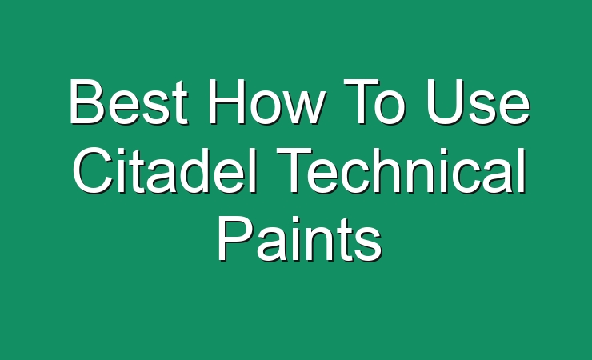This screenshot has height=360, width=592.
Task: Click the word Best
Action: pos(129,102)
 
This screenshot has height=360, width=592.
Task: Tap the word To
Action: pos(373,102)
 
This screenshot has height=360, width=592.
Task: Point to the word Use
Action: pos(478,102)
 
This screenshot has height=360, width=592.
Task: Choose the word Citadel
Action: pos(165,170)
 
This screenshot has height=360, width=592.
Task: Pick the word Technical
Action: pos(401,170)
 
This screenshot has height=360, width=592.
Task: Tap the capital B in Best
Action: pos(87,101)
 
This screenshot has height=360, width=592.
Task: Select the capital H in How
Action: pos(226,101)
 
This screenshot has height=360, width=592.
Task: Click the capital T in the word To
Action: pos(361,101)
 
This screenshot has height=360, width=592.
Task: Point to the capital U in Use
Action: pos(444,102)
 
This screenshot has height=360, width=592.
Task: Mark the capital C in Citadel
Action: pos(93,170)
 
